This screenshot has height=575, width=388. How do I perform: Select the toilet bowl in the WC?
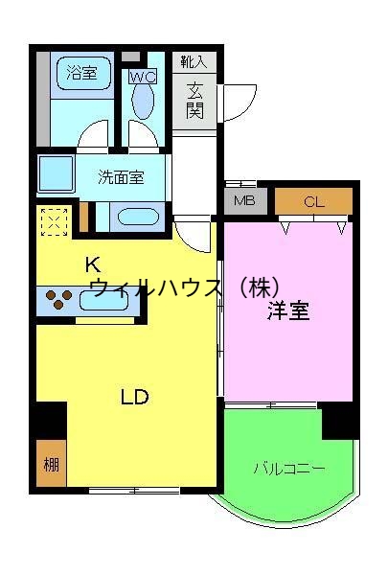pyautogui.click(x=143, y=100)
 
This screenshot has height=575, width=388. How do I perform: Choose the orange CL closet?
pyautogui.click(x=314, y=201)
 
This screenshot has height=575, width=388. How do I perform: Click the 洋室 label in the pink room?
pyautogui.click(x=287, y=310)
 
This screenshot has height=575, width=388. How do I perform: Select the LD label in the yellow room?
pyautogui.click(x=135, y=396)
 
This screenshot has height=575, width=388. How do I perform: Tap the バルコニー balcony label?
pyautogui.click(x=288, y=469)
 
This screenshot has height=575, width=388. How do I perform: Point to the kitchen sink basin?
pyautogui.click(x=103, y=300)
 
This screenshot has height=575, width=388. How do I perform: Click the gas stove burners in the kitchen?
pyautogui.click(x=57, y=299)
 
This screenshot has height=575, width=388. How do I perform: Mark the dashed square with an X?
pyautogui.click(x=54, y=222)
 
